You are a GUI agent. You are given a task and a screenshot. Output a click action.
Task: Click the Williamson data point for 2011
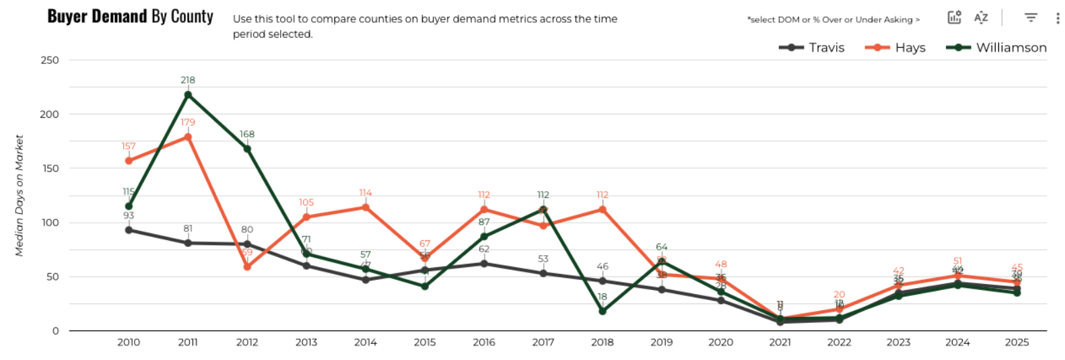[188, 95]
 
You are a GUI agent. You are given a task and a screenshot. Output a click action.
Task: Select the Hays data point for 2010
[129, 161]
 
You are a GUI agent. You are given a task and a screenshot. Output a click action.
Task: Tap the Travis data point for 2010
[129, 230]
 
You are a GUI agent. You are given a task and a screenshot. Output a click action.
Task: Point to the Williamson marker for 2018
[603, 311]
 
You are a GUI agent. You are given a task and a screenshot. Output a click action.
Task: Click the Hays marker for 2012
[247, 267]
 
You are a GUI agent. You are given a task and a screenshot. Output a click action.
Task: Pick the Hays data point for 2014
[366, 207]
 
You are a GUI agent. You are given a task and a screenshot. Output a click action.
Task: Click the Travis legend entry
[811, 48]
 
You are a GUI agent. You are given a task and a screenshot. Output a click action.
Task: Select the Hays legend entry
[895, 48]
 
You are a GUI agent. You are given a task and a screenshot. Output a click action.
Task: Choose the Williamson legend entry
[996, 48]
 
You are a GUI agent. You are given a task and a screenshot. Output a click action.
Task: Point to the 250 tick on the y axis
[50, 60]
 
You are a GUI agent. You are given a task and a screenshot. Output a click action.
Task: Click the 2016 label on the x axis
[484, 343]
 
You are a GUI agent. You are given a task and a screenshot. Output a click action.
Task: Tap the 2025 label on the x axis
[1017, 343]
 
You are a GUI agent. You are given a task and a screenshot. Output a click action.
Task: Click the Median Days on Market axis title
[20, 195]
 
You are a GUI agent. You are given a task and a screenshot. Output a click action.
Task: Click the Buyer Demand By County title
[130, 17]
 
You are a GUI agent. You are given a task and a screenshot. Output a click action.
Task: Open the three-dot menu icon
[1058, 18]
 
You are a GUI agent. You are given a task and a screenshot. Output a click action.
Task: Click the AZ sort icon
[981, 18]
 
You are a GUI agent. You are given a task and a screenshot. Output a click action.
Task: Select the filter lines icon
[1031, 18]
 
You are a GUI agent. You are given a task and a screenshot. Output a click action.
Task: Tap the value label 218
[188, 80]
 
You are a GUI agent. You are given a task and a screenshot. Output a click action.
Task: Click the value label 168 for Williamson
[247, 135]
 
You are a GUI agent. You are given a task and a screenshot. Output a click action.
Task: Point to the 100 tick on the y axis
[50, 223]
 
